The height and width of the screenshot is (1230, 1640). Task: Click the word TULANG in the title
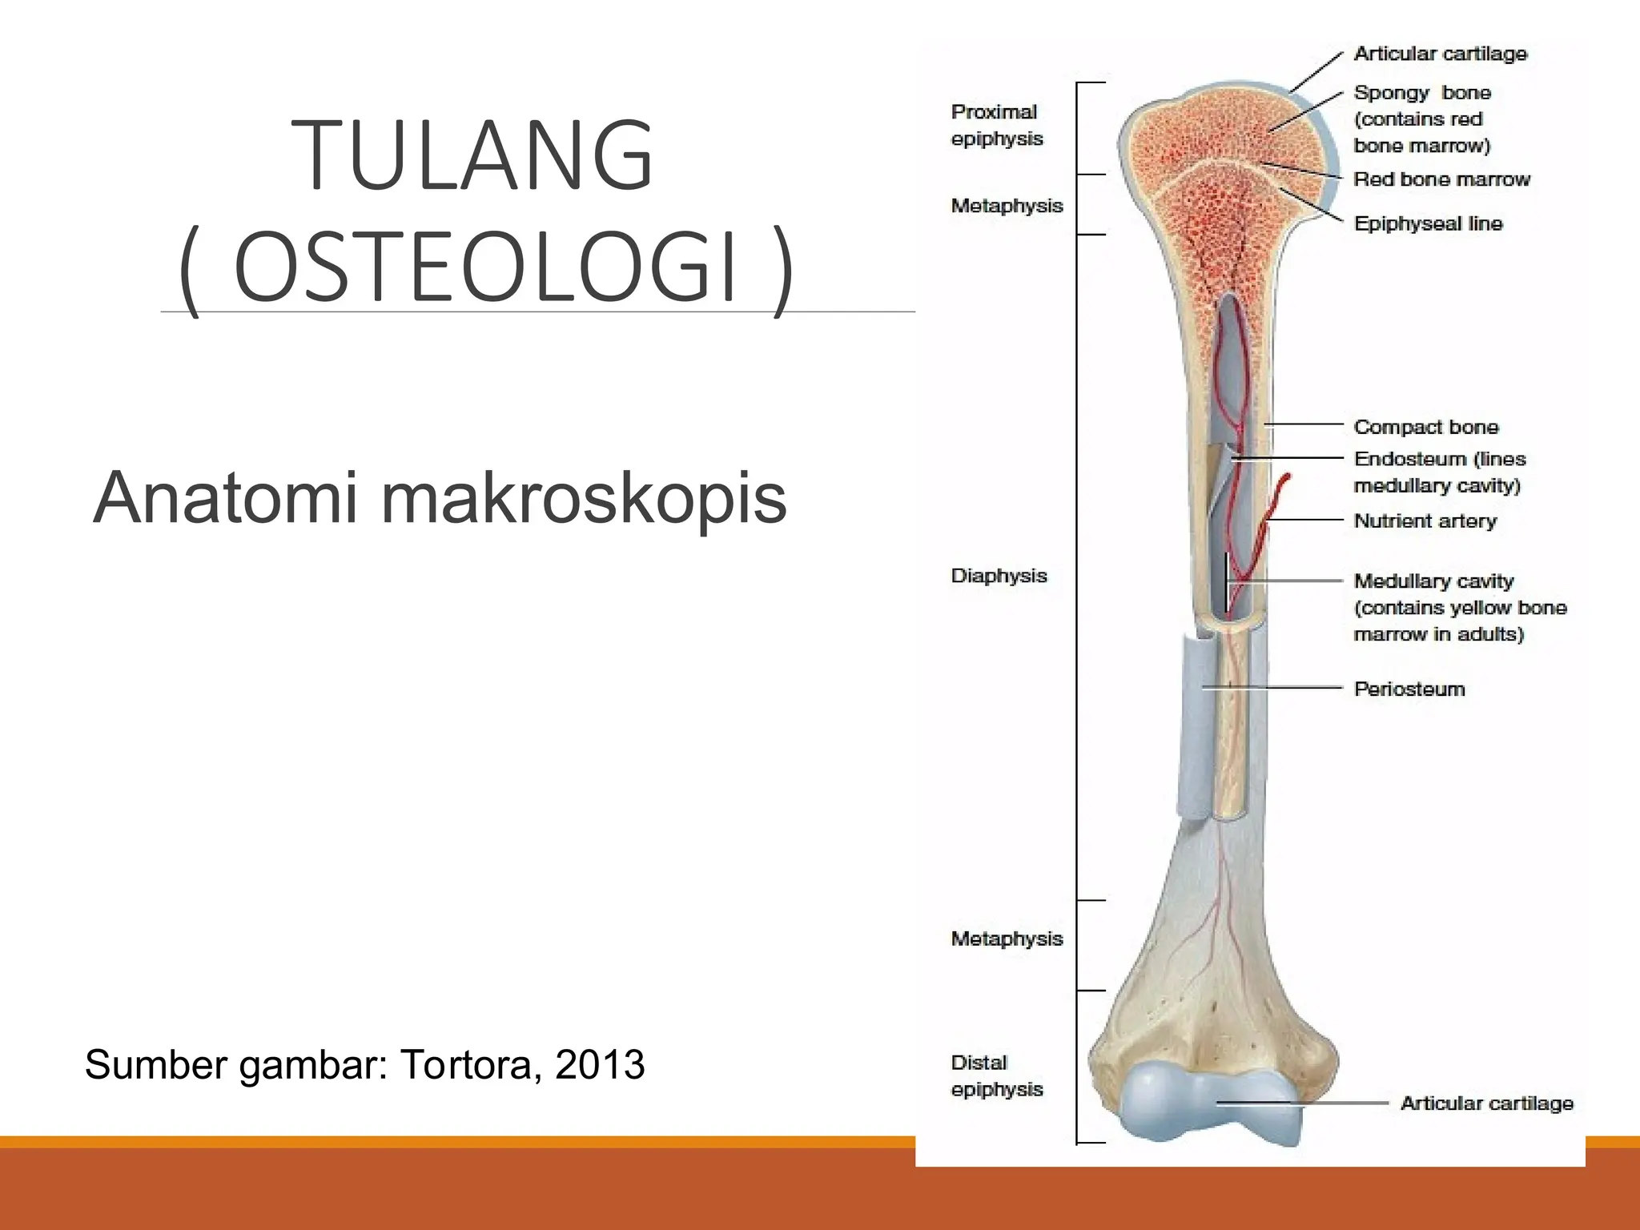point(472,155)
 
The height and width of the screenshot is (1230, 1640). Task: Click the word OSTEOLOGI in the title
point(485,267)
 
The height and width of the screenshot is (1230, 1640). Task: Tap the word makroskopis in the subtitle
point(584,498)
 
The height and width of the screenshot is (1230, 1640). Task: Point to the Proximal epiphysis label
point(996,125)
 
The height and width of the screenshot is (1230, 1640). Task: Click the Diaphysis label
point(999,576)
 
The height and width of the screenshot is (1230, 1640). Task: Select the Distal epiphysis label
point(996,1075)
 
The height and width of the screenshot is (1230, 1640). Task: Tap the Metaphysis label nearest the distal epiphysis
point(1007,939)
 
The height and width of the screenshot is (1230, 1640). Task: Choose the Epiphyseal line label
point(1428,223)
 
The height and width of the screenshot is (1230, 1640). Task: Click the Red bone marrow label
point(1441,179)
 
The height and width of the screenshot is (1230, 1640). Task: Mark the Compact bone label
point(1425,427)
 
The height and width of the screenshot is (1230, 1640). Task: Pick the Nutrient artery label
point(1425,521)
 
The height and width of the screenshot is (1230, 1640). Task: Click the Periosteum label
point(1409,689)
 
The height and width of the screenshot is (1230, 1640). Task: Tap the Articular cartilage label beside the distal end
point(1486,1103)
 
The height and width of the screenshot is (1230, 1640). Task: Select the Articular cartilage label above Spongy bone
point(1440,54)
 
